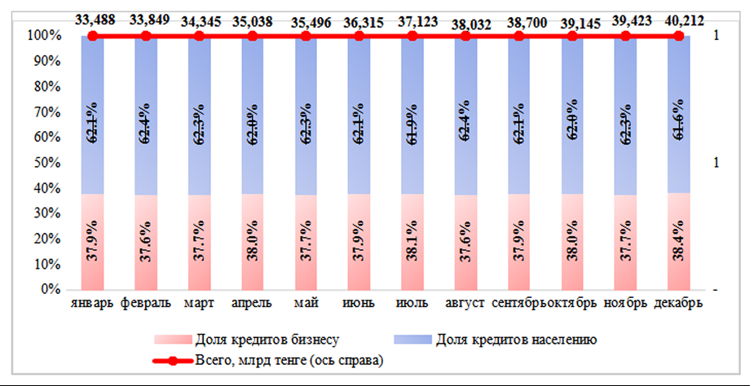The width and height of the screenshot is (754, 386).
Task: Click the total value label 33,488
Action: point(92,20)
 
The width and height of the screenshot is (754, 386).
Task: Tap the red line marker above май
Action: point(306,36)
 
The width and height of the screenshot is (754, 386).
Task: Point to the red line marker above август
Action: point(465,36)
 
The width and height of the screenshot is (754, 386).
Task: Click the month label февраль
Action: point(146,304)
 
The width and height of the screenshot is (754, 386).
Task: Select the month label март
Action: point(200,304)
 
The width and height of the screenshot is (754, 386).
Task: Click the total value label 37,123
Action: point(412,20)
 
